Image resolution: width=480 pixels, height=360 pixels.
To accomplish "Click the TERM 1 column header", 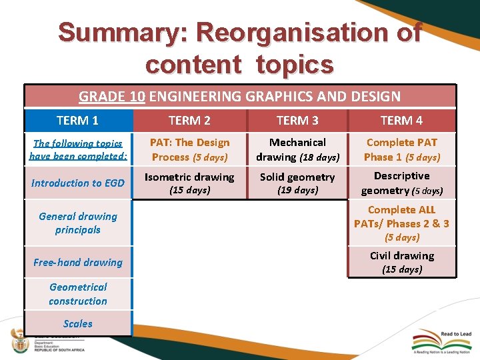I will (77, 121).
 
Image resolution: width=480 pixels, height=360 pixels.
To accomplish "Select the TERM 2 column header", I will (189, 121).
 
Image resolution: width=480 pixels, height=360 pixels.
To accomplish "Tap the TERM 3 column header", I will (297, 121).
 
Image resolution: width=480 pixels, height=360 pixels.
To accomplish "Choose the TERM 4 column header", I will (401, 121).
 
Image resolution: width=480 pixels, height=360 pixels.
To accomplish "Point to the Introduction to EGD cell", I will (77, 183).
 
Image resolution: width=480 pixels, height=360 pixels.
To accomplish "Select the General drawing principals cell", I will (77, 223).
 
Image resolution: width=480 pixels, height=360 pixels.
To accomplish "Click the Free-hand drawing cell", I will (77, 263).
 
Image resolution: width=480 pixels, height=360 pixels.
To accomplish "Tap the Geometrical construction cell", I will (77, 294).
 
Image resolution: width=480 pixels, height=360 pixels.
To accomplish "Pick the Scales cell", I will (77, 323).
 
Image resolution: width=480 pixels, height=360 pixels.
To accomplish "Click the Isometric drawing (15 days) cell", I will (189, 183).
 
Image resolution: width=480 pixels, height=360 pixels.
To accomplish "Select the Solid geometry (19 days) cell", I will (297, 183).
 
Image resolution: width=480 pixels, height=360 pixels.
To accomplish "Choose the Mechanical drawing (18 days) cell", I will (297, 149).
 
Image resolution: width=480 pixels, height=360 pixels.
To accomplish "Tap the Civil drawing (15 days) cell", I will (401, 262).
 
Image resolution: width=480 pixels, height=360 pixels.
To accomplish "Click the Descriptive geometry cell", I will (401, 183).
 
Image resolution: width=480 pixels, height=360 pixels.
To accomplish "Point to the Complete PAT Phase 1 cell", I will (401, 149).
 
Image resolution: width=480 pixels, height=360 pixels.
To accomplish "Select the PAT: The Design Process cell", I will (189, 149).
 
